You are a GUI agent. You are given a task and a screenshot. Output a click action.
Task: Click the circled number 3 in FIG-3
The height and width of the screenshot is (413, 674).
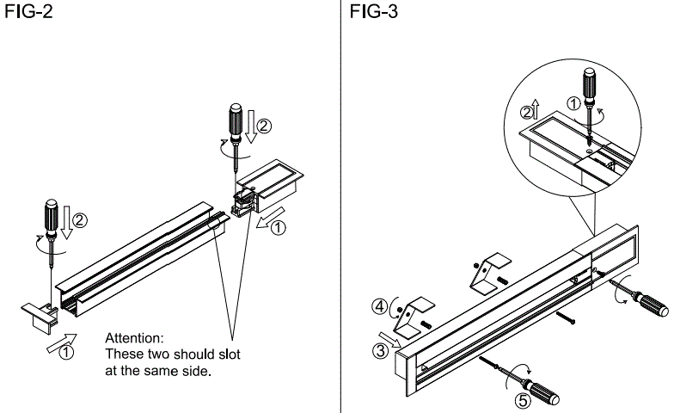coord(378,350)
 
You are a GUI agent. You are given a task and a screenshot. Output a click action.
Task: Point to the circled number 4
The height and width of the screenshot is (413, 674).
coord(378,304)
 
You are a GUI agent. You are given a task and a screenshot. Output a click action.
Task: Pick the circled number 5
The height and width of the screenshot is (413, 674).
coord(519,400)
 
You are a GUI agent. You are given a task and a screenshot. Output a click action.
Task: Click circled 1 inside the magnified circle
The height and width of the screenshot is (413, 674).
coord(573,103)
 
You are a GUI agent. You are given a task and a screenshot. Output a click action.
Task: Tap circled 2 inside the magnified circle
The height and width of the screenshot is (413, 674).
coord(525,113)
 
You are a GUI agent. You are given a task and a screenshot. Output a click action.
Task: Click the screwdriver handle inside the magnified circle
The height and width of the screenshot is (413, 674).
coord(591,83)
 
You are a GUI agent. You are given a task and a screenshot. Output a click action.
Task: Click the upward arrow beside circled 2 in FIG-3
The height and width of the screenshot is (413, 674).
coord(536,108)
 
